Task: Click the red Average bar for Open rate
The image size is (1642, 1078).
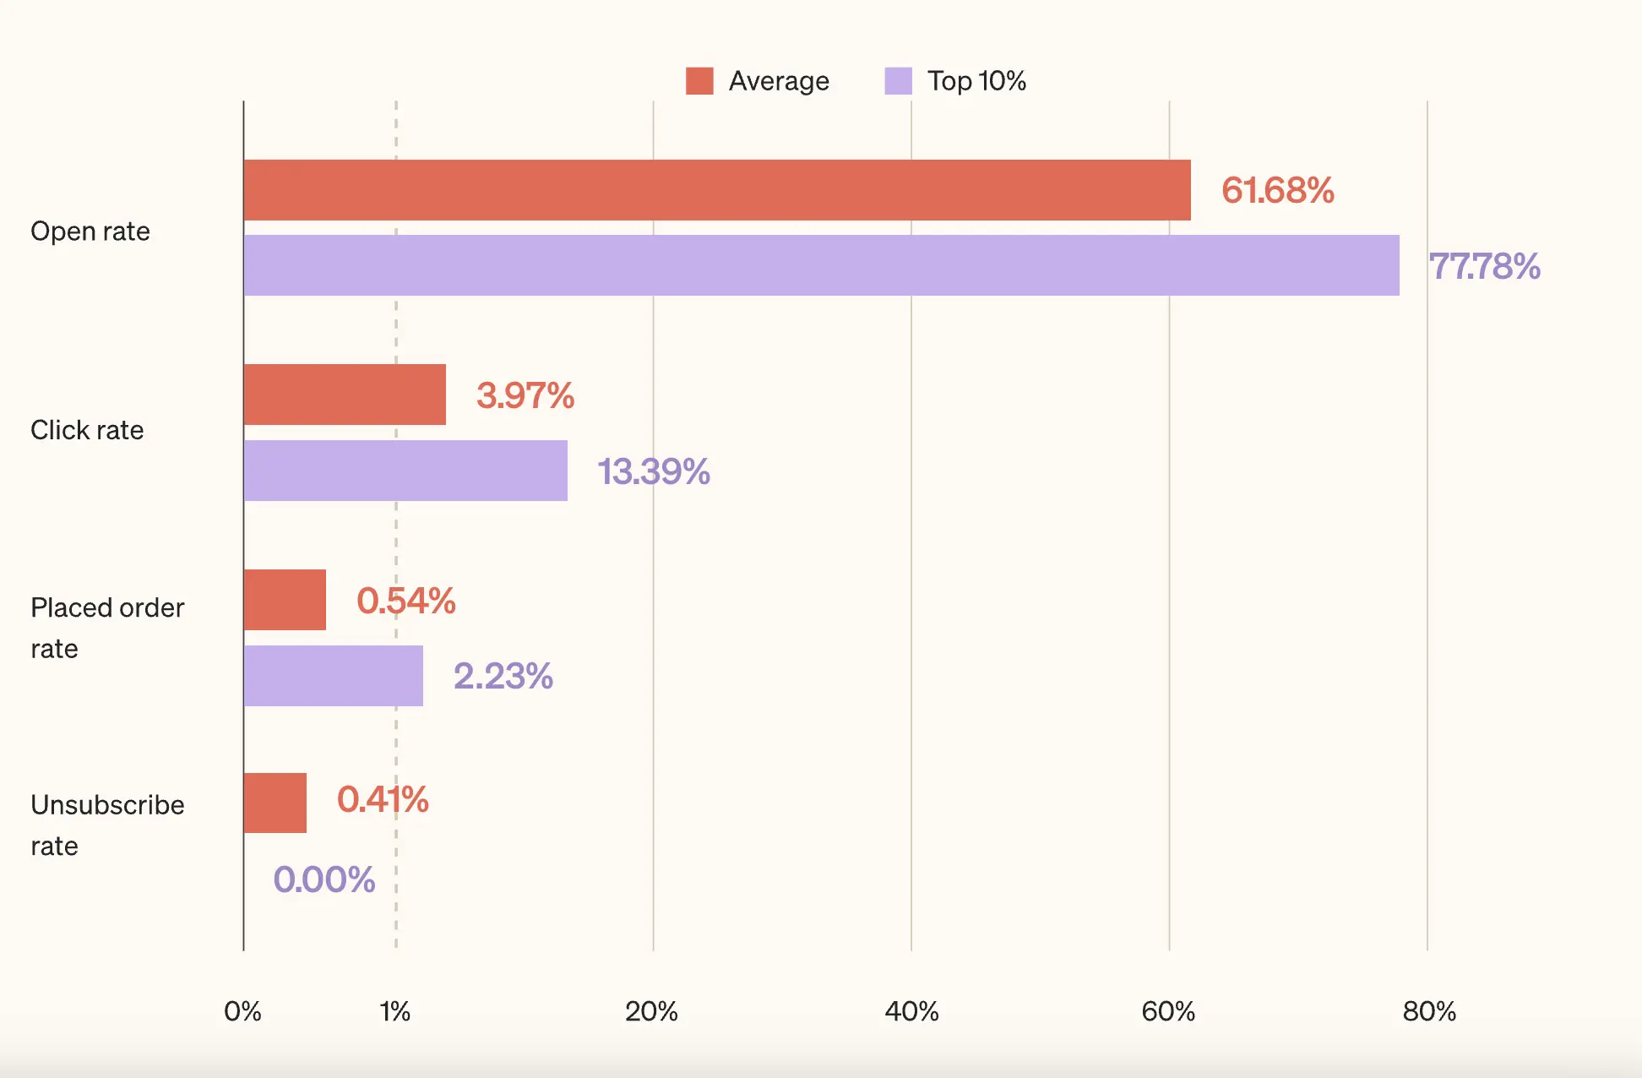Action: (716, 190)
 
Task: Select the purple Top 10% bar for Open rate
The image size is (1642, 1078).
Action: (821, 265)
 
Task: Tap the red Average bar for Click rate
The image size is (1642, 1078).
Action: (345, 395)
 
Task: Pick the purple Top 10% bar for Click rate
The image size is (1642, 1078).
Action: (405, 471)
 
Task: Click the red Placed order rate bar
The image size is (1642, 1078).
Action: (285, 600)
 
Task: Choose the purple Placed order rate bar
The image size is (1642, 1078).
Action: (333, 676)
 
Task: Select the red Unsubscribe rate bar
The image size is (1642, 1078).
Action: (275, 803)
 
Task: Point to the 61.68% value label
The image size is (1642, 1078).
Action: (1277, 190)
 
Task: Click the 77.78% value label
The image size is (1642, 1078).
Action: (1484, 266)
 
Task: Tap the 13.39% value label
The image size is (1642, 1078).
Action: (653, 471)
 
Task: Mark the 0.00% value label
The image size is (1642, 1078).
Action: (324, 879)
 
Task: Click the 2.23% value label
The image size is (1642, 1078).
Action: (503, 676)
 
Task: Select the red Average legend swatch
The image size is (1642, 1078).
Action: (699, 81)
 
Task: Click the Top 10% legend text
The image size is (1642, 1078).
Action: (976, 81)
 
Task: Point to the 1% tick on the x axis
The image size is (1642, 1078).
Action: (394, 1011)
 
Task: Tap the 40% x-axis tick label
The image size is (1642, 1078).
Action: (911, 1011)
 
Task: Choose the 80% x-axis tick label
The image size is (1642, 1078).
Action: (1428, 1011)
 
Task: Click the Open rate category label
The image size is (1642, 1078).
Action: (90, 231)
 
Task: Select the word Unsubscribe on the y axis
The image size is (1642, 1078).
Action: (107, 805)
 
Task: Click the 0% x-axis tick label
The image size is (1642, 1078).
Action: (242, 1011)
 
